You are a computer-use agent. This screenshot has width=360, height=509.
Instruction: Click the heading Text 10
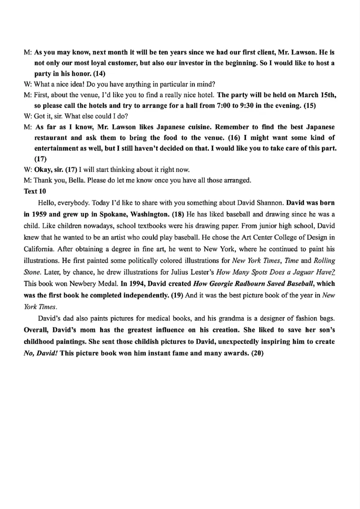coord(35,191)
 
